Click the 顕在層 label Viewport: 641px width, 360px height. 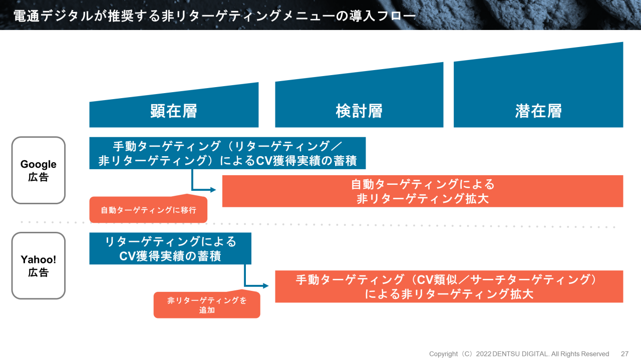(x=174, y=111)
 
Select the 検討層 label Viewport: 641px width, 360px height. (x=359, y=111)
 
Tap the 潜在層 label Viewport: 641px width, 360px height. (x=538, y=111)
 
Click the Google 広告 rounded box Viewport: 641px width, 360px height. (x=39, y=170)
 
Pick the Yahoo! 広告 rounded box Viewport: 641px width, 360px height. (x=39, y=265)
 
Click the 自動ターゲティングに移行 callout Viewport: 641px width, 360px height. (x=148, y=210)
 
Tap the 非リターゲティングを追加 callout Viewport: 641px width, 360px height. (x=207, y=305)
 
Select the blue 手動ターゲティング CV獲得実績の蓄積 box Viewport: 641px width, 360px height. (x=227, y=153)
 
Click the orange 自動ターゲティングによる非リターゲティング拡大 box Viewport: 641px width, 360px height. (x=423, y=191)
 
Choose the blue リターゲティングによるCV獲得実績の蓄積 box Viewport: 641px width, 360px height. (x=170, y=249)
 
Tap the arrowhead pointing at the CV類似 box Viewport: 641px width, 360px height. (x=266, y=286)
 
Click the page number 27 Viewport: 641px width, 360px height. (x=624, y=354)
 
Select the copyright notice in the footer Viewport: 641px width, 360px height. (x=519, y=354)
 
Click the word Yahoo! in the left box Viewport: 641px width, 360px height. (x=39, y=259)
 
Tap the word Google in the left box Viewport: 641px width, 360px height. (x=39, y=164)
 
